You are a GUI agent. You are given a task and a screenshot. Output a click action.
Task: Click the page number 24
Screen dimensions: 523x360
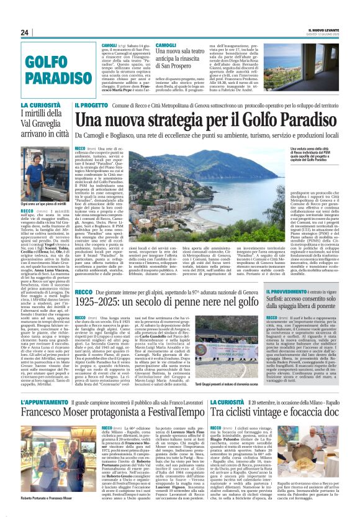[25, 33]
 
